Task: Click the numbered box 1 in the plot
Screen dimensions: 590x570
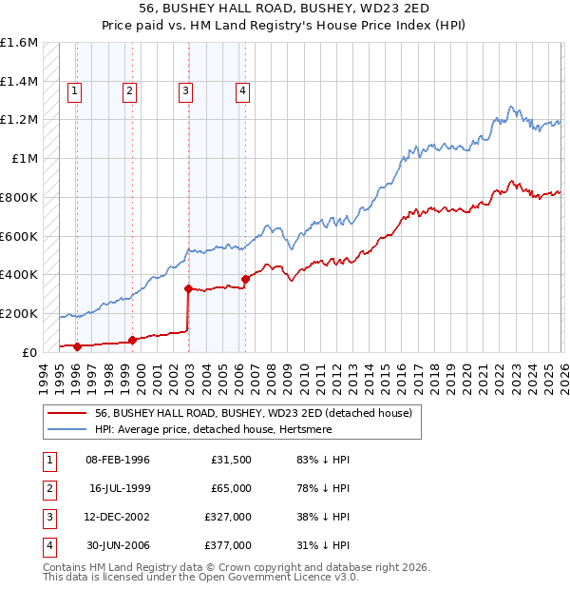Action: pos(74,91)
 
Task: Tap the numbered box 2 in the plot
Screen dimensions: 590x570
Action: pos(129,91)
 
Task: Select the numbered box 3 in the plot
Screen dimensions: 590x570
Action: pos(185,91)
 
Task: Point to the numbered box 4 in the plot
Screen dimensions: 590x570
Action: pos(243,91)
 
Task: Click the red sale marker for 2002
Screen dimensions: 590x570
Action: pos(188,288)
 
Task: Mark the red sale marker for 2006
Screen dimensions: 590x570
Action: pos(245,279)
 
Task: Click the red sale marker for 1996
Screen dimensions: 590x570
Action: pos(77,346)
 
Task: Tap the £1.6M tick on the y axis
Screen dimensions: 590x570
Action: pos(19,43)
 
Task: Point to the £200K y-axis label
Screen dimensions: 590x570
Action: pos(19,313)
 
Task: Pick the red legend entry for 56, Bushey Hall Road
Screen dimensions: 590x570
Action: pos(253,414)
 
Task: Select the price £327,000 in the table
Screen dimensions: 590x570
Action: pos(228,518)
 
